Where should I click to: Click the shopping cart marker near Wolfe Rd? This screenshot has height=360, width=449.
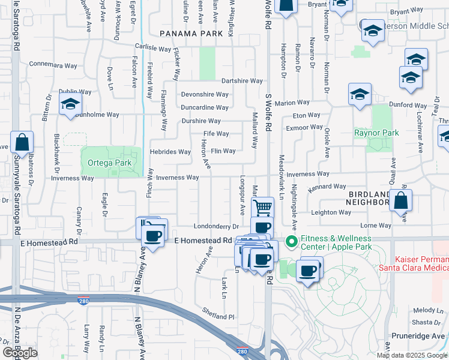(262, 208)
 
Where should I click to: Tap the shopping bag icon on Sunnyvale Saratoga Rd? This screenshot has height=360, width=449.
(22, 143)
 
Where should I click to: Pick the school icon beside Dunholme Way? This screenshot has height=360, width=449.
(70, 104)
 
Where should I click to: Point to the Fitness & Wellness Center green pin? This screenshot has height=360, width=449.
(292, 242)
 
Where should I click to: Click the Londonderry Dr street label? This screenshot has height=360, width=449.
(217, 226)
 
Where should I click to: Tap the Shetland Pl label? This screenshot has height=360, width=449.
(218, 316)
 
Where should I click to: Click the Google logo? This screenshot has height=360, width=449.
(20, 353)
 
